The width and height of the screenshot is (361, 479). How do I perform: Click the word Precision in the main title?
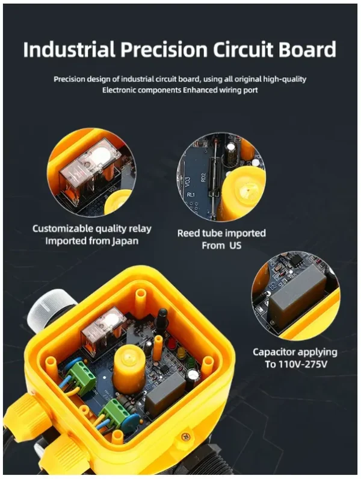pyautogui.click(x=164, y=49)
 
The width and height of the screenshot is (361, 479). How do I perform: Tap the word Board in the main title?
pyautogui.click(x=307, y=49)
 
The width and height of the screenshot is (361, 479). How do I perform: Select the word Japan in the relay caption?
pyautogui.click(x=125, y=242)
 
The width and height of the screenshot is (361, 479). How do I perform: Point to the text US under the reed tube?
pyautogui.click(x=235, y=245)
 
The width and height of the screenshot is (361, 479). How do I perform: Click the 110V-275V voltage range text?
pyautogui.click(x=303, y=364)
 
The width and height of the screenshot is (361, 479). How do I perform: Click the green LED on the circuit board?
pyautogui.click(x=191, y=362)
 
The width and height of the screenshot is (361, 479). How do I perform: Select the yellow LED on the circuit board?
pyautogui.click(x=182, y=352)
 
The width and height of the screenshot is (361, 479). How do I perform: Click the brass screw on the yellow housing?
pyautogui.click(x=185, y=437)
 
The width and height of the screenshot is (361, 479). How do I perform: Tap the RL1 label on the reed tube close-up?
pyautogui.click(x=191, y=195)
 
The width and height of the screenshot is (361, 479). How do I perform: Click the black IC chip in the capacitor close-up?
pyautogui.click(x=295, y=260)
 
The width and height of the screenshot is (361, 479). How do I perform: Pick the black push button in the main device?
pyautogui.click(x=162, y=318)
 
